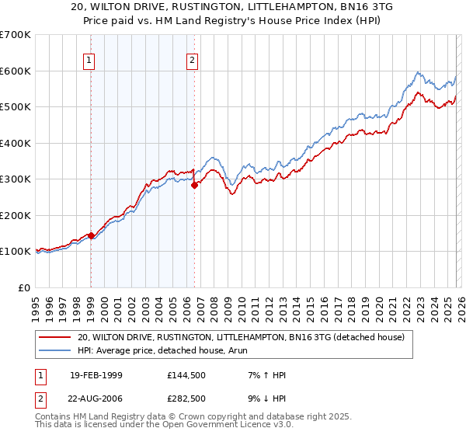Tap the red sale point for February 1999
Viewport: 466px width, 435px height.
click(91, 235)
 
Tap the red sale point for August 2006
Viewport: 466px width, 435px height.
click(194, 186)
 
